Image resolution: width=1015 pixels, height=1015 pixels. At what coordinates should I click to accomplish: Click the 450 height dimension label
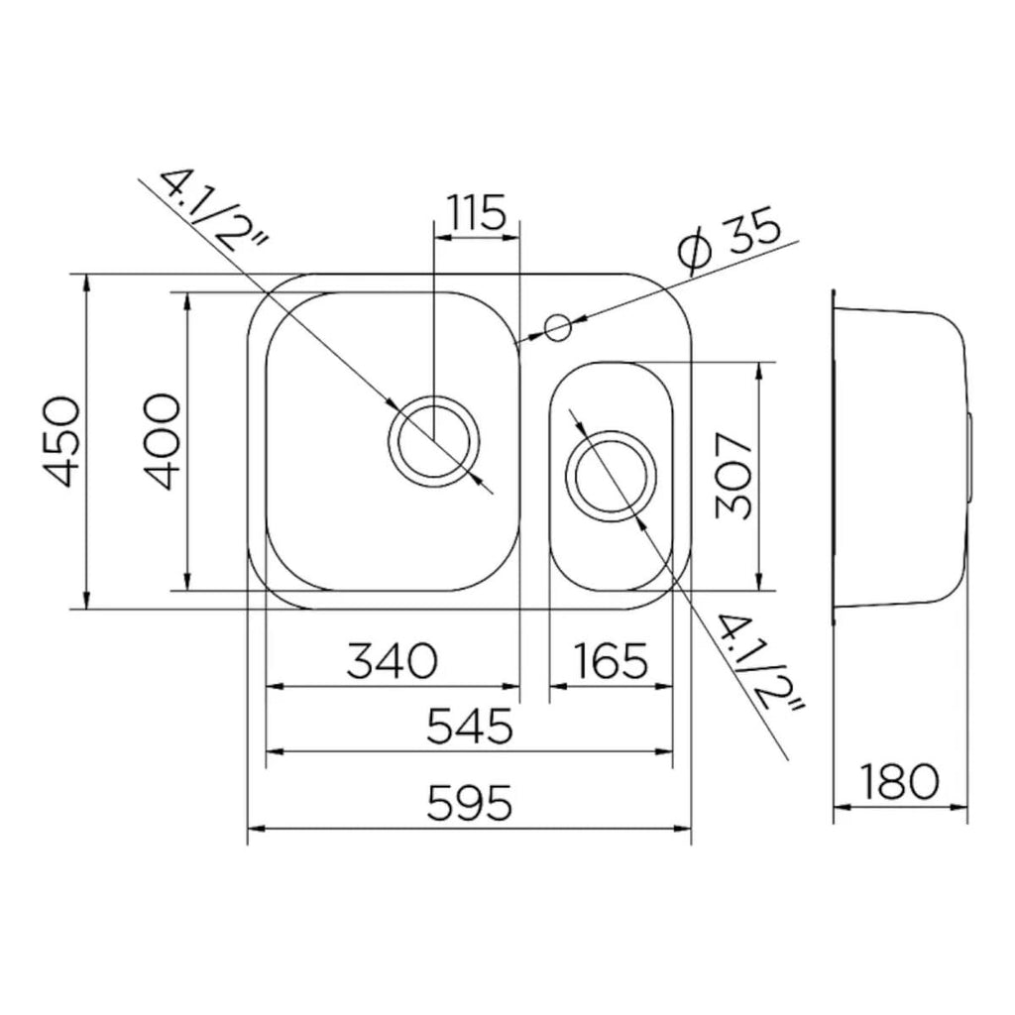coord(63,442)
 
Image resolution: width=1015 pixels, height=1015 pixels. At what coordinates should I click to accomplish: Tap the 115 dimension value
coord(477,212)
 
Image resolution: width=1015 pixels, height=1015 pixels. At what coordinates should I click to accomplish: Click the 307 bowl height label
coord(734,477)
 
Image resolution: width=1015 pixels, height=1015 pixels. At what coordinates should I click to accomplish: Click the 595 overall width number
coord(470,803)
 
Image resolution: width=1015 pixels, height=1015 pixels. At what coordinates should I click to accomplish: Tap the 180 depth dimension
coord(900,781)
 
